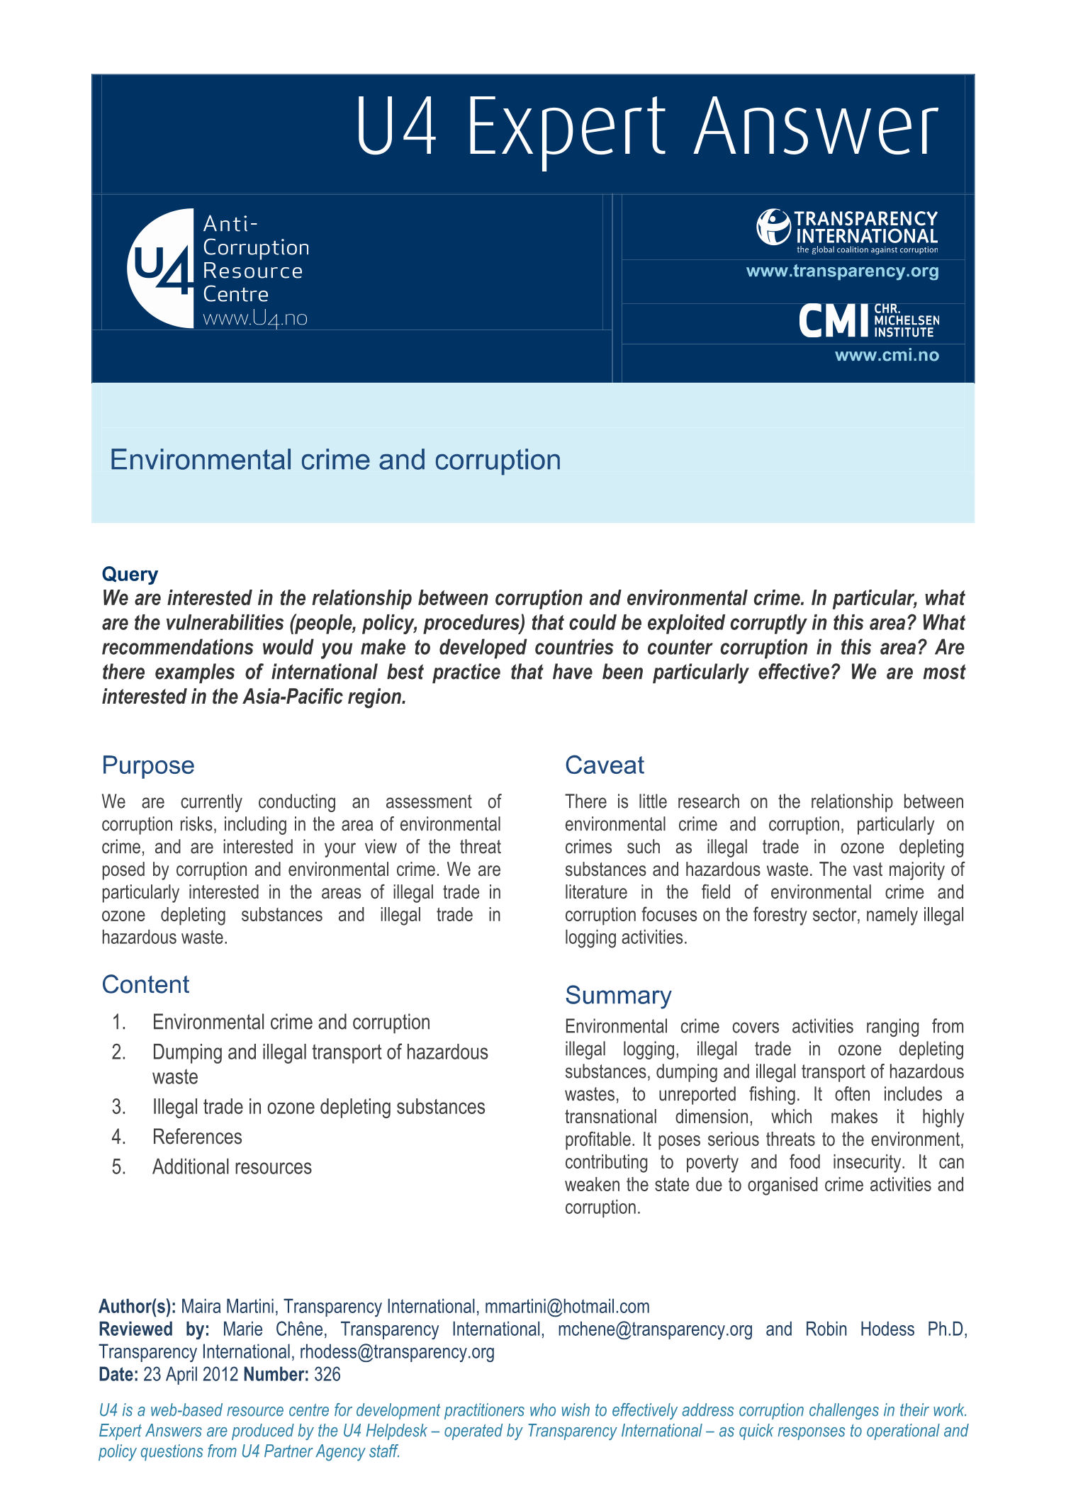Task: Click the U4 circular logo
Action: [x=161, y=268]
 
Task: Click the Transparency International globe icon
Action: [x=773, y=227]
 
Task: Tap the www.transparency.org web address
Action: [x=842, y=271]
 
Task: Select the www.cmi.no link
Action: [x=887, y=355]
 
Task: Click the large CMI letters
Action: [x=834, y=321]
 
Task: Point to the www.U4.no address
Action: [x=255, y=319]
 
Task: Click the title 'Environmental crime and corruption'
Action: [x=335, y=460]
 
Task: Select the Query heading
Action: [x=130, y=574]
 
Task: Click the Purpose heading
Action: [x=148, y=765]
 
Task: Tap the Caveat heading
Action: [x=605, y=765]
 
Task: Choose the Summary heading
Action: [x=618, y=996]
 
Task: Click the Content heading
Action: [x=145, y=984]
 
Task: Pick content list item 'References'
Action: [x=197, y=1137]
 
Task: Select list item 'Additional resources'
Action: [x=232, y=1166]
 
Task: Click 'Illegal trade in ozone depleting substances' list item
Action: [x=318, y=1107]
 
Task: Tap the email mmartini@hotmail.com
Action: [x=567, y=1306]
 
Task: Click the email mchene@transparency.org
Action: [x=655, y=1329]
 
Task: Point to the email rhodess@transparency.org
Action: [x=397, y=1351]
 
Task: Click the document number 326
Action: [x=327, y=1374]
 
